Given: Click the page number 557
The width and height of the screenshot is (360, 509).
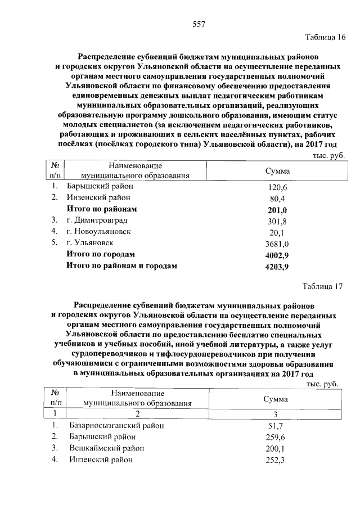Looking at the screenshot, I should pos(199,24).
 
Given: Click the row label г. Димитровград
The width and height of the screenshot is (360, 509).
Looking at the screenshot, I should pos(96,220).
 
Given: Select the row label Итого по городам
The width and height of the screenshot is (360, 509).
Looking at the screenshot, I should pos(101,254).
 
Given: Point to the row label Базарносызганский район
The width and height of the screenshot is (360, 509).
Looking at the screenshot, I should pos(116,426).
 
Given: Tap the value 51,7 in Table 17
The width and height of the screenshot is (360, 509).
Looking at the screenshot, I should pos(277,426).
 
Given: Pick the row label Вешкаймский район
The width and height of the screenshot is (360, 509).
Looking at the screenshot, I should pos(106,448).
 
